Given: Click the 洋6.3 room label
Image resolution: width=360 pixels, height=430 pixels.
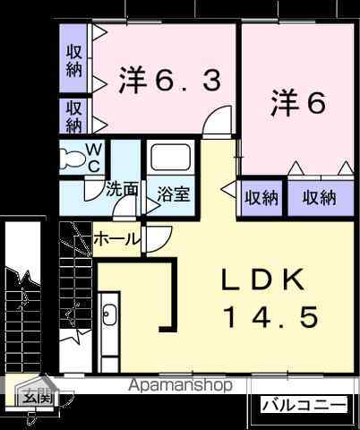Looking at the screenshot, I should pyautogui.click(x=168, y=82).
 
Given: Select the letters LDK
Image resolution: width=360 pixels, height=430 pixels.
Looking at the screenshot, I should pyautogui.click(x=266, y=280).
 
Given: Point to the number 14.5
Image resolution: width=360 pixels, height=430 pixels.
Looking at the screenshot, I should pyautogui.click(x=270, y=317).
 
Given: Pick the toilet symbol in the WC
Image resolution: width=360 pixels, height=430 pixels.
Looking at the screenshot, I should pyautogui.click(x=73, y=159).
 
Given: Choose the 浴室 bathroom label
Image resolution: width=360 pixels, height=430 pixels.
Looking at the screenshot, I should pyautogui.click(x=172, y=193).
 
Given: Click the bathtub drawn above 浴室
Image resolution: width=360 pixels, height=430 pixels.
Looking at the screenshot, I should pyautogui.click(x=171, y=159).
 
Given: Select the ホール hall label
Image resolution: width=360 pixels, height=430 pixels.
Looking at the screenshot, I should pyautogui.click(x=116, y=239).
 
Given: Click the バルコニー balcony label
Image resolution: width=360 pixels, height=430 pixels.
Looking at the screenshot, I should pyautogui.click(x=303, y=406).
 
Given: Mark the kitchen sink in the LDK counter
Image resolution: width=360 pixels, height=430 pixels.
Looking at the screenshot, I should pyautogui.click(x=108, y=316).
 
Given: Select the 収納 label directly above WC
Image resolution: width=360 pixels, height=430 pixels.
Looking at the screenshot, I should pyautogui.click(x=73, y=116).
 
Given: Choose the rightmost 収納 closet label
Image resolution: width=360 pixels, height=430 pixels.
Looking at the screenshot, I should pyautogui.click(x=319, y=198).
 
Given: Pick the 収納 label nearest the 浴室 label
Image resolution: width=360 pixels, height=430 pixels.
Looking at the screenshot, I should pyautogui.click(x=261, y=198).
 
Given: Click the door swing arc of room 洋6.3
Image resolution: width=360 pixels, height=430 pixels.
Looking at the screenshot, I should pyautogui.click(x=215, y=123).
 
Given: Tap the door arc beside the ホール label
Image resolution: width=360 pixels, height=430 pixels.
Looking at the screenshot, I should pyautogui.click(x=158, y=240).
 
